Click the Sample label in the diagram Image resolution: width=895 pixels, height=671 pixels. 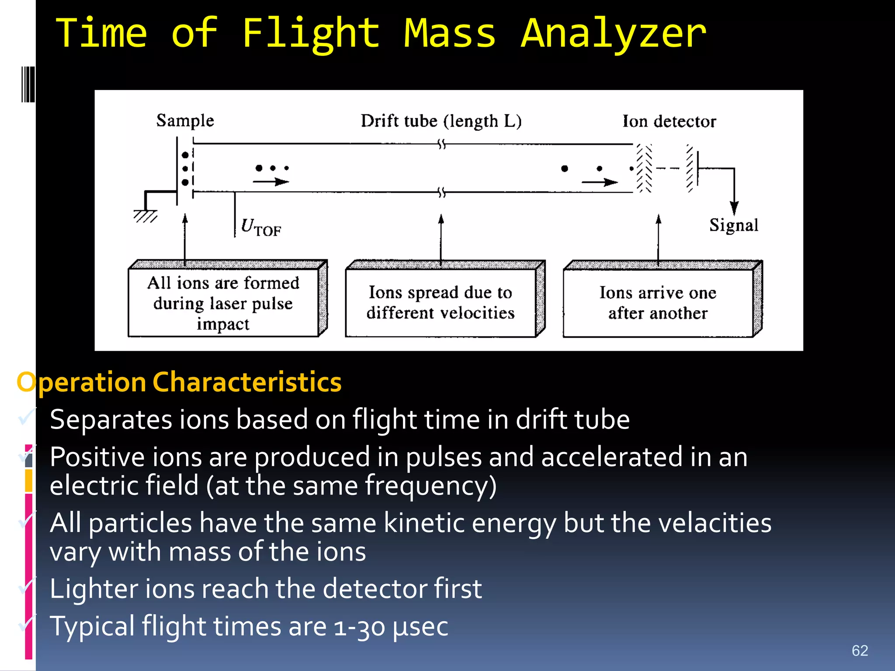185,121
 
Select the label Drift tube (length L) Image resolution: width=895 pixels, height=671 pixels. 441,121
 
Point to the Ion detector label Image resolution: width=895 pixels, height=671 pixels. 669,121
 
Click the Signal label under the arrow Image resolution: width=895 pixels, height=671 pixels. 733,225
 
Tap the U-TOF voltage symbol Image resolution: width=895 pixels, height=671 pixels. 260,227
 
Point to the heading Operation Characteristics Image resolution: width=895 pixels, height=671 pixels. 179,382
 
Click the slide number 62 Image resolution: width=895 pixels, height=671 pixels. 860,650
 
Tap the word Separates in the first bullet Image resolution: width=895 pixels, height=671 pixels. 111,420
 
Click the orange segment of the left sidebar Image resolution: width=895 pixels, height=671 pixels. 29,481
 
